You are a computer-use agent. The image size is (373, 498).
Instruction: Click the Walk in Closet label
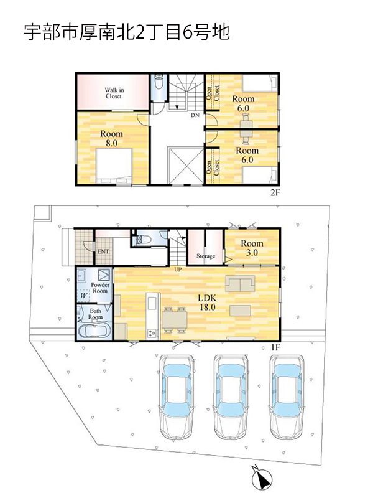(x=114, y=93)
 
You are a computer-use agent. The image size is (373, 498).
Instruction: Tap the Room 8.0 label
(x=111, y=138)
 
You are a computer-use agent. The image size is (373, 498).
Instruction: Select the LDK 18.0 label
(x=207, y=303)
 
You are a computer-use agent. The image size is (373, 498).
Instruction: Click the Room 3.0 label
(x=252, y=248)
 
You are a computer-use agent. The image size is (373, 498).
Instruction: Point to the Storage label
(x=206, y=256)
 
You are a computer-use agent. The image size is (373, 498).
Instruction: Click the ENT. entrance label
(x=104, y=251)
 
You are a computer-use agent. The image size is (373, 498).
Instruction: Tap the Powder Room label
(x=100, y=288)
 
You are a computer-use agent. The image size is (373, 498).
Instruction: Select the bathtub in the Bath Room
(x=94, y=330)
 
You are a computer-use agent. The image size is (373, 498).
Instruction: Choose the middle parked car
(x=231, y=397)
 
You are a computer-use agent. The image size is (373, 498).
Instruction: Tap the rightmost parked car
(x=287, y=397)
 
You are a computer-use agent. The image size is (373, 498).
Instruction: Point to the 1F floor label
(x=275, y=348)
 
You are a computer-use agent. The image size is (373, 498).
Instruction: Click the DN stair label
(x=195, y=115)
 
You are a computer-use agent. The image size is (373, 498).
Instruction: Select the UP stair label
(x=178, y=270)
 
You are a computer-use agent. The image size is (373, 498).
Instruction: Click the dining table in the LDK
(x=175, y=320)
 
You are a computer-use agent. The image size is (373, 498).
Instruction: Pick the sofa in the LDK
(x=240, y=283)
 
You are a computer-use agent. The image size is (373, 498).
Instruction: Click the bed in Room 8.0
(x=114, y=166)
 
